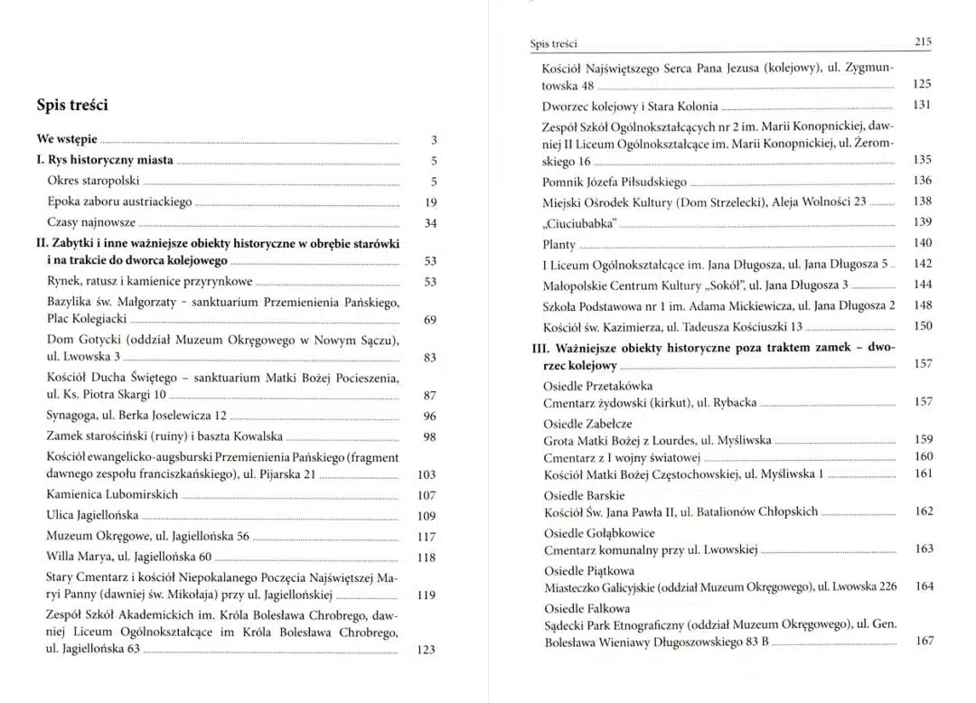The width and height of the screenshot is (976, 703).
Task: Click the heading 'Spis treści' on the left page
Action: [x=72, y=105]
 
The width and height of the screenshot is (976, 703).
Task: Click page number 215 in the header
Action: [x=923, y=42]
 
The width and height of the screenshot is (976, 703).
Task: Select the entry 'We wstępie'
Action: [x=67, y=140]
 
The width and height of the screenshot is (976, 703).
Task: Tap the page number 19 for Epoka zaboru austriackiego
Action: [x=430, y=202]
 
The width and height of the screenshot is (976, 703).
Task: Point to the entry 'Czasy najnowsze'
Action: [x=91, y=222]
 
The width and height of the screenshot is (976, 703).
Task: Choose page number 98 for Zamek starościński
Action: [x=429, y=437]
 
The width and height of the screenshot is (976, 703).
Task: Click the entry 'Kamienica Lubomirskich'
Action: [x=112, y=495]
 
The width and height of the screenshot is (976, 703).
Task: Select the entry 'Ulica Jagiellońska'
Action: [x=92, y=515]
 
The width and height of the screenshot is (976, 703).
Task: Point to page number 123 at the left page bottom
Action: [x=427, y=650]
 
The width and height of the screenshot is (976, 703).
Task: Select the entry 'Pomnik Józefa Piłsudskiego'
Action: [x=615, y=182]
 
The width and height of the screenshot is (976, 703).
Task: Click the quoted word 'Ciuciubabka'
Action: [x=578, y=222]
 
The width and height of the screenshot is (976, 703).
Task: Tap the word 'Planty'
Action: [x=558, y=244]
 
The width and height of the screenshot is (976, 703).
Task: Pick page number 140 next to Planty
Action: [x=922, y=243]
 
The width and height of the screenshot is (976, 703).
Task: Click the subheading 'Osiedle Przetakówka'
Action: [x=596, y=385]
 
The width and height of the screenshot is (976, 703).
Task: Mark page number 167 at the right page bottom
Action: [x=924, y=641]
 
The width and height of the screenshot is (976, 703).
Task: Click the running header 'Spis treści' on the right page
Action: [x=553, y=43]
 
